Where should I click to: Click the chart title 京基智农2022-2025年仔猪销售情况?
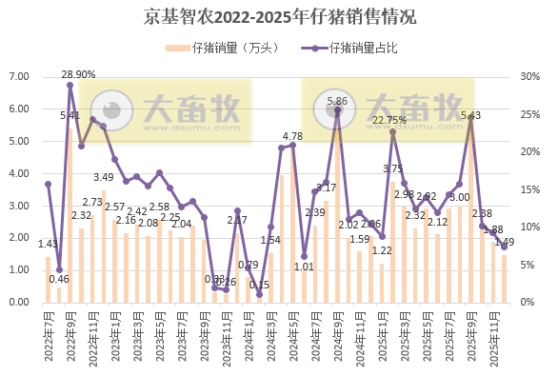pyautogui.click(x=279, y=17)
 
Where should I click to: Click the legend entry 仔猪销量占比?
pyautogui.click(x=363, y=48)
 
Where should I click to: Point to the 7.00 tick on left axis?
pyautogui.click(x=20, y=77)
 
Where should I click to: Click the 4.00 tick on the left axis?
pyautogui.click(x=20, y=173)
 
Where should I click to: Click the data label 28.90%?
pyautogui.click(x=78, y=74)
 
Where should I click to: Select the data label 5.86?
pyautogui.click(x=337, y=101)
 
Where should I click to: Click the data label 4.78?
pyautogui.click(x=292, y=136)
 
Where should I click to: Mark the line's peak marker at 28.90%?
pyautogui.click(x=70, y=85)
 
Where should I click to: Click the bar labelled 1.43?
pyautogui.click(x=48, y=280)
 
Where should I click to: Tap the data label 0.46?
pyautogui.click(x=59, y=279)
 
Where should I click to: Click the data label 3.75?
pyautogui.click(x=392, y=168)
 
